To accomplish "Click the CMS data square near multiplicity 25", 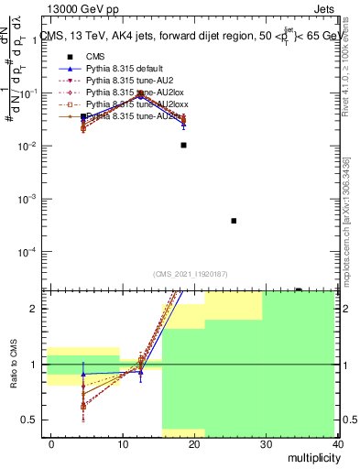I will pyautogui.click(x=234, y=221).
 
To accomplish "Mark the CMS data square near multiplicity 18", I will pyautogui.click(x=184, y=145).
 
